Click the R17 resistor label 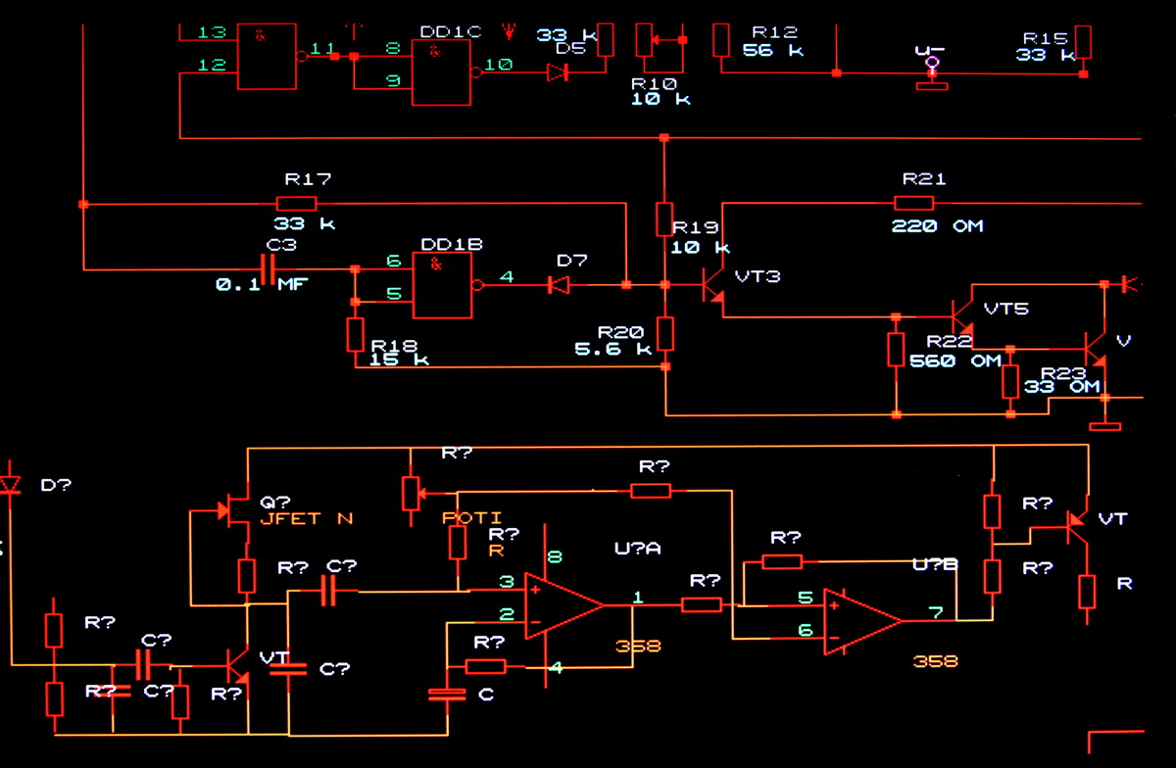[x=308, y=179]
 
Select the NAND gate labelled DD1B [x=442, y=285]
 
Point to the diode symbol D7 [x=558, y=285]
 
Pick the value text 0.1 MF [x=261, y=285]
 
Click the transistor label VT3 [x=758, y=276]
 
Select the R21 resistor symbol [x=913, y=203]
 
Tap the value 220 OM [x=937, y=226]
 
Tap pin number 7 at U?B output [x=936, y=613]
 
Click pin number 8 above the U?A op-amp [x=556, y=558]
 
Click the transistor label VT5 [x=1006, y=310]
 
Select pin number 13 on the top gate [x=212, y=32]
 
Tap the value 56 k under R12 [x=773, y=50]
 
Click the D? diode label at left [x=55, y=485]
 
